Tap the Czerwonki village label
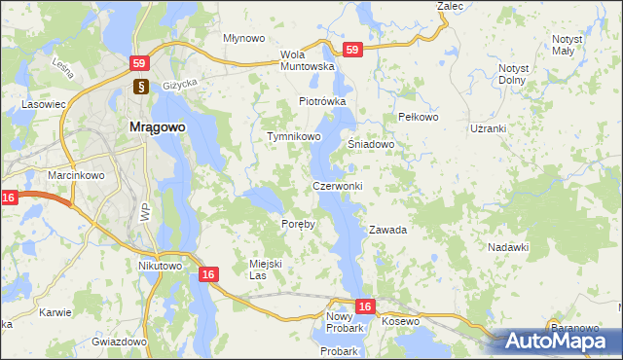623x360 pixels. point(337,186)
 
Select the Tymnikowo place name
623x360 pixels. point(294,137)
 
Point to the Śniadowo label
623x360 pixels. point(371,144)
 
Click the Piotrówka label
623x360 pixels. point(322,101)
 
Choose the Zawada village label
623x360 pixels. point(386,231)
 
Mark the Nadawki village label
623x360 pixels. point(508,247)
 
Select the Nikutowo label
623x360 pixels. point(161,266)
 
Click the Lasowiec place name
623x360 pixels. point(44,102)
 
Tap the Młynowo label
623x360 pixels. point(244,38)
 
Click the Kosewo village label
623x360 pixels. point(400,321)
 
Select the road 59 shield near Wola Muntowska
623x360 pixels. point(352,49)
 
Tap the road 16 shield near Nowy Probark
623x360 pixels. point(364,306)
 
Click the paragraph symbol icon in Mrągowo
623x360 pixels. point(140,86)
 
